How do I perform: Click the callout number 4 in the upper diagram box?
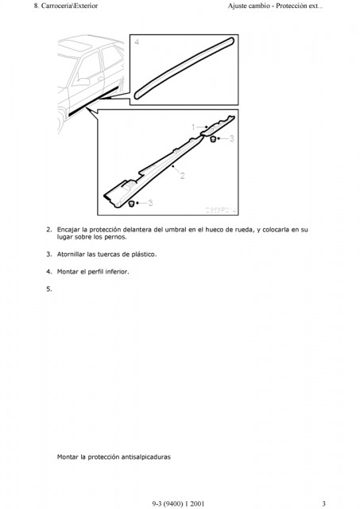(x=137, y=42)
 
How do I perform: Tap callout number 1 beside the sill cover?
(x=193, y=127)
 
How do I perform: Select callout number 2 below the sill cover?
(x=182, y=176)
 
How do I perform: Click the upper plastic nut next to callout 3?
(x=213, y=139)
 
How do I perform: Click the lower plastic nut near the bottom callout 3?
(x=132, y=204)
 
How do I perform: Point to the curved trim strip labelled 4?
(x=184, y=68)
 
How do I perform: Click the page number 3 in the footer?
(x=323, y=503)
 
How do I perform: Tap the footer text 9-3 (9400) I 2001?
(x=178, y=503)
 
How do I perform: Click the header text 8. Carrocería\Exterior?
(x=66, y=6)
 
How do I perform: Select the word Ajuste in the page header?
(x=237, y=6)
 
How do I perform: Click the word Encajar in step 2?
(x=68, y=230)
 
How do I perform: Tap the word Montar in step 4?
(x=68, y=272)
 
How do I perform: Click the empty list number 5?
(x=49, y=289)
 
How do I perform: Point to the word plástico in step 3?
(x=144, y=254)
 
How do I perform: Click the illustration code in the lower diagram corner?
(x=221, y=210)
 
